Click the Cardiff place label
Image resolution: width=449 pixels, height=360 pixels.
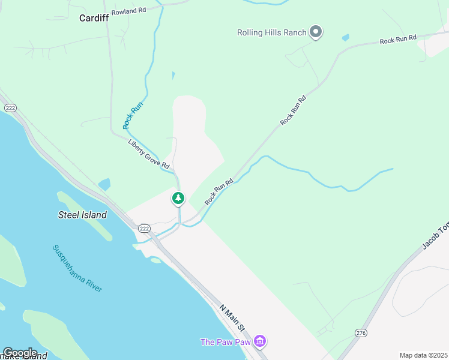click(x=94, y=18)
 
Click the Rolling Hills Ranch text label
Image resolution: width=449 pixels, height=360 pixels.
click(x=272, y=32)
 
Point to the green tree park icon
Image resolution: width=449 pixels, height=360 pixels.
click(x=178, y=198)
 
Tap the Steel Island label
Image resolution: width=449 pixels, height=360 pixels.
click(x=82, y=215)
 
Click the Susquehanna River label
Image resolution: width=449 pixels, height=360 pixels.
click(x=77, y=268)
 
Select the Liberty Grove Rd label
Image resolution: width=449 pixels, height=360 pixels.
click(x=149, y=154)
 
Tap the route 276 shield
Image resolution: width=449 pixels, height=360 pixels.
click(x=361, y=332)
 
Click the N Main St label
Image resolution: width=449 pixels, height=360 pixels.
click(x=232, y=318)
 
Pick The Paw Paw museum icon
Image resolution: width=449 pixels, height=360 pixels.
click(x=260, y=342)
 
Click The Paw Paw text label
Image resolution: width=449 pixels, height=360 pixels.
click(x=225, y=342)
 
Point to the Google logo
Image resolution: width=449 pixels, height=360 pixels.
click(x=19, y=353)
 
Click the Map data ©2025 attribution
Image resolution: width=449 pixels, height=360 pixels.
click(x=424, y=355)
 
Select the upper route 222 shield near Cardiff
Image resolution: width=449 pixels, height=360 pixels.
click(x=10, y=107)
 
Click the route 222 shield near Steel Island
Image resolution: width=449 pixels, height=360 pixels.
click(x=143, y=229)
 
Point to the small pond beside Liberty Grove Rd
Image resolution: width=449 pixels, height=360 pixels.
click(x=104, y=184)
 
